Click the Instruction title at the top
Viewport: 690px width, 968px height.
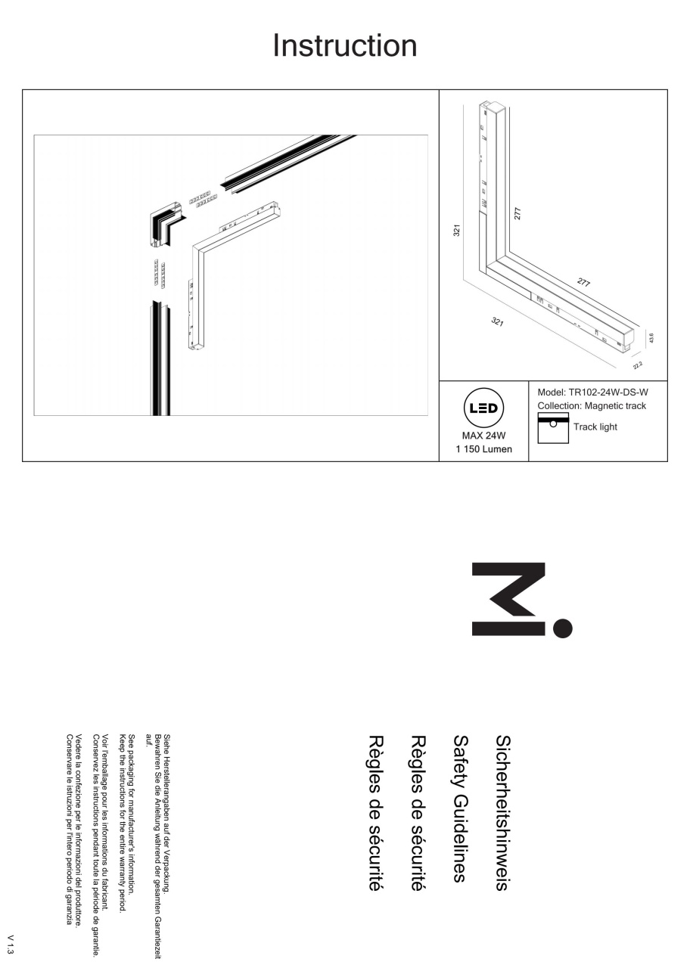coord(344,45)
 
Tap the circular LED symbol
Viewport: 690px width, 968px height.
coord(483,408)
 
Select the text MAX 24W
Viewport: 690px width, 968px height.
coord(483,436)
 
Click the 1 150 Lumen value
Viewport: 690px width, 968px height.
coord(483,449)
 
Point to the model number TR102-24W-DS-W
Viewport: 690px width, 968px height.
coord(608,392)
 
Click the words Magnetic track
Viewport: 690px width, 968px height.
coord(615,406)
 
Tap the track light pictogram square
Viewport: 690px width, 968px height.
coord(553,428)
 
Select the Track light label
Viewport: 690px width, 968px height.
coord(595,427)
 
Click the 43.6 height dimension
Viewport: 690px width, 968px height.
coord(651,338)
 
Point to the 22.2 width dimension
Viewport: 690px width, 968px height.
coord(638,365)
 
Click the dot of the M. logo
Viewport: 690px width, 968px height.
coord(562,628)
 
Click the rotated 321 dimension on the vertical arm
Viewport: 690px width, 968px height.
coord(456,231)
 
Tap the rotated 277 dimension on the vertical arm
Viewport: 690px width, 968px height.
coord(517,213)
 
